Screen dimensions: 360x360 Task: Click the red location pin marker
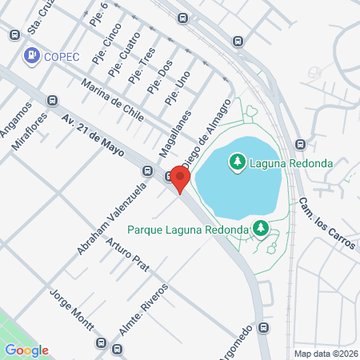coord(180,180)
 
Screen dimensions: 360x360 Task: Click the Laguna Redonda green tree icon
coord(237,163)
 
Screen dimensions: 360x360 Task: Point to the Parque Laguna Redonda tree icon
coord(260,229)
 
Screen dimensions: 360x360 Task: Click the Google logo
coord(26,350)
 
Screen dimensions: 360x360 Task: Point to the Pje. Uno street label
coord(177,87)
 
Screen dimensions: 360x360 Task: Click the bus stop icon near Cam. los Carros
coord(300,145)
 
